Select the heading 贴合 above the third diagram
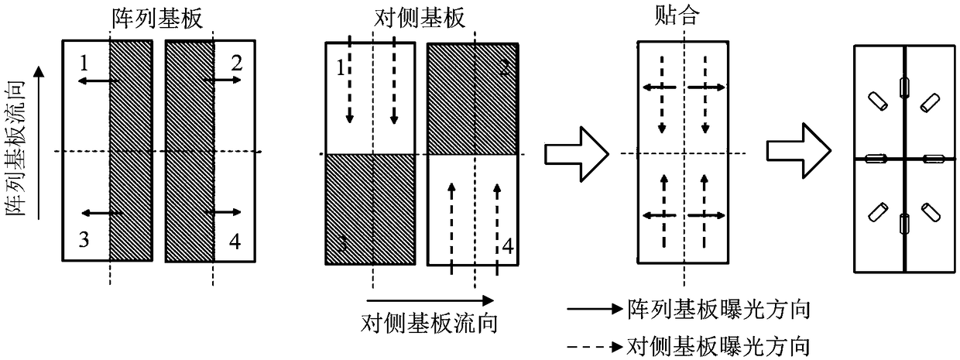pos(681,17)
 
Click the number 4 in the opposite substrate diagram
pos(507,246)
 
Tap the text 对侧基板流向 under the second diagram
pos(429,320)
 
